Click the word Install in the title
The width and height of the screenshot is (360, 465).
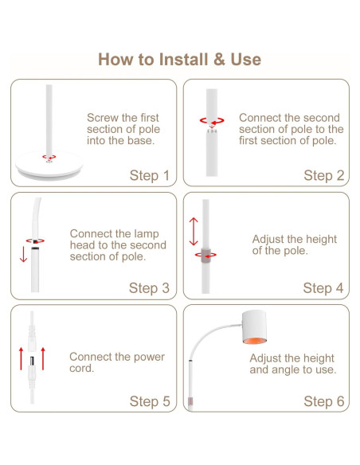(x=183, y=59)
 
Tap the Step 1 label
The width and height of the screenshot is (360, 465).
(x=150, y=175)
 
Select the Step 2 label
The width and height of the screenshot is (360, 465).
(x=324, y=175)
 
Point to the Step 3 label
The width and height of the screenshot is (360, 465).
(x=149, y=288)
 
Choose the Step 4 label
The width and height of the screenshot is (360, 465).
(x=323, y=288)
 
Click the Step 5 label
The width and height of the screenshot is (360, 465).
(x=150, y=401)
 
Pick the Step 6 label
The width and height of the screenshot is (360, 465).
(x=324, y=401)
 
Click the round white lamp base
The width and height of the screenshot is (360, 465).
(x=49, y=166)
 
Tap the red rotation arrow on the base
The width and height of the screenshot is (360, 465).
(x=49, y=157)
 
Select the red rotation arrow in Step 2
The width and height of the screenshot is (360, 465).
(x=212, y=121)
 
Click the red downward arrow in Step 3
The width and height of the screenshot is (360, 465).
(x=23, y=255)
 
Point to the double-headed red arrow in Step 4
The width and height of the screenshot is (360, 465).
(x=194, y=232)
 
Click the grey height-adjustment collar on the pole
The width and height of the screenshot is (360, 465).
(x=205, y=255)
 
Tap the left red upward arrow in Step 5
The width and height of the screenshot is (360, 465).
(x=21, y=359)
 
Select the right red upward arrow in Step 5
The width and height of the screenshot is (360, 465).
(x=43, y=359)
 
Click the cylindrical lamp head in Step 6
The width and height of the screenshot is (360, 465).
(x=254, y=327)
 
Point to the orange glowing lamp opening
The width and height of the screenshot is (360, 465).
(x=254, y=341)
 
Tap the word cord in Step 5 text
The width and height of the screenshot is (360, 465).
(x=81, y=369)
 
